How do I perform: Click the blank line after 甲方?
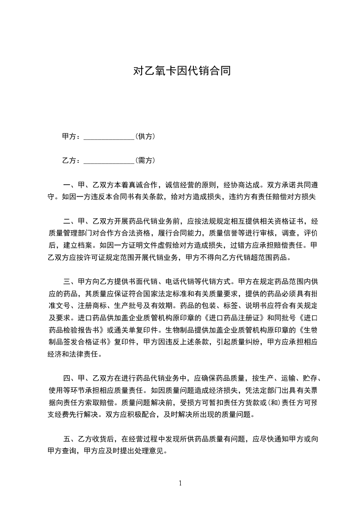pyautogui.click(x=109, y=137)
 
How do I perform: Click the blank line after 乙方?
pyautogui.click(x=109, y=161)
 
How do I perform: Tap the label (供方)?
pyautogui.click(x=145, y=136)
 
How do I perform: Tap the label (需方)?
pyautogui.click(x=145, y=160)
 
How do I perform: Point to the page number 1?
pyautogui.click(x=180, y=483)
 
